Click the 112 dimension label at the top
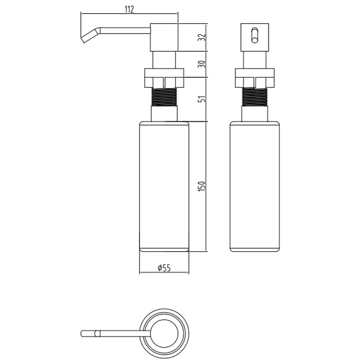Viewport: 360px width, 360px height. tap(129, 9)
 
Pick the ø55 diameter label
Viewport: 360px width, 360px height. tap(164, 268)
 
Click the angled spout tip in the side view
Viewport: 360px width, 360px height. tap(87, 36)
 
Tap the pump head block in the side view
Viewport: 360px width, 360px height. tap(164, 38)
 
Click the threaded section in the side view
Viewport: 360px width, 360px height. tap(164, 96)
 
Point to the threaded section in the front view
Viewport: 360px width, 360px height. tap(255, 96)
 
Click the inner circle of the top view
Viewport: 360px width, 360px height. tap(164, 333)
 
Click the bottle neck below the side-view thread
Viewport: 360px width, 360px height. tap(164, 113)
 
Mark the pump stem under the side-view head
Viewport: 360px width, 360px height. tap(164, 60)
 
